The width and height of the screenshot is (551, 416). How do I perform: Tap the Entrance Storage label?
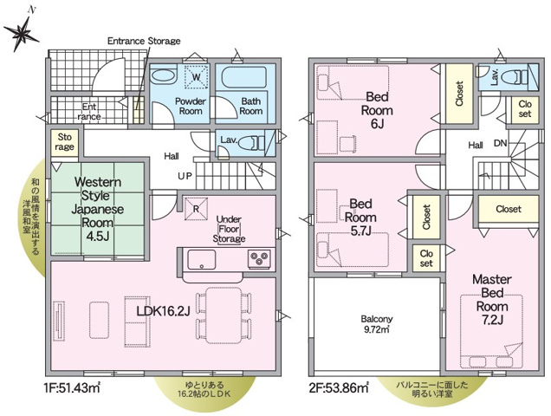point(143,41)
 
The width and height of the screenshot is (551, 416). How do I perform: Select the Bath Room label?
point(251,106)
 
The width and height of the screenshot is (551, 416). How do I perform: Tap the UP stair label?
point(185,175)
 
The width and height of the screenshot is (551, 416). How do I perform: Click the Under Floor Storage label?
point(230,228)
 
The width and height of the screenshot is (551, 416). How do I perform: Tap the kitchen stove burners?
point(257,257)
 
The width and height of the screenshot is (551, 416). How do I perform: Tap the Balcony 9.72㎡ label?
point(376,323)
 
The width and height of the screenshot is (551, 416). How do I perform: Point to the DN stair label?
point(500,143)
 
